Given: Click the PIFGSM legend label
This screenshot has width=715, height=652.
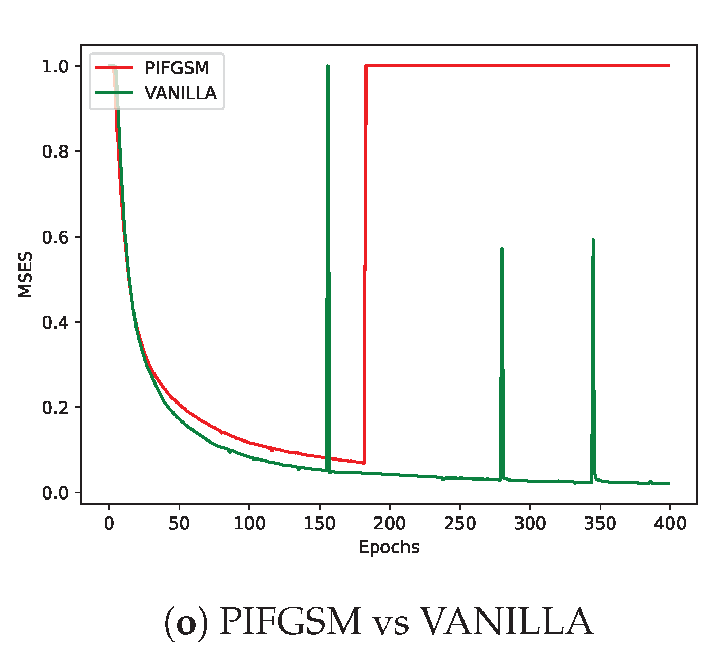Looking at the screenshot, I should pos(177,68).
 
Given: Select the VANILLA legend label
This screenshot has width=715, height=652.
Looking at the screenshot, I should pos(180,93).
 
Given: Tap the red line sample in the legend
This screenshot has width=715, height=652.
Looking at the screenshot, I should pos(113,68).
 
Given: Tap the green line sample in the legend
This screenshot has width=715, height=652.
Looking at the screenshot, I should pos(113,93).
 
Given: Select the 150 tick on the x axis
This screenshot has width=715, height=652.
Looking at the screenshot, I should pos(319,524).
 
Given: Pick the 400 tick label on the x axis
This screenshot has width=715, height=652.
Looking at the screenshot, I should pos(670,524).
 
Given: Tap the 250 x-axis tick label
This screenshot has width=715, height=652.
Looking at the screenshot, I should pos(459,524).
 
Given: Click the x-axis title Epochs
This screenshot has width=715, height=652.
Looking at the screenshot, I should pos(389,547).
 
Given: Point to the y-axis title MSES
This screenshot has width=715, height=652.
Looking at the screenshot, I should pos(25,274).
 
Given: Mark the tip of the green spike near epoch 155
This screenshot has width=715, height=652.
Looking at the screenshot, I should pos(327,66).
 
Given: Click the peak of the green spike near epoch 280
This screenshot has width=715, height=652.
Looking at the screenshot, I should pos(501,249).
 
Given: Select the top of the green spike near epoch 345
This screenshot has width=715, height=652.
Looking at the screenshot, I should pos(593,239).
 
